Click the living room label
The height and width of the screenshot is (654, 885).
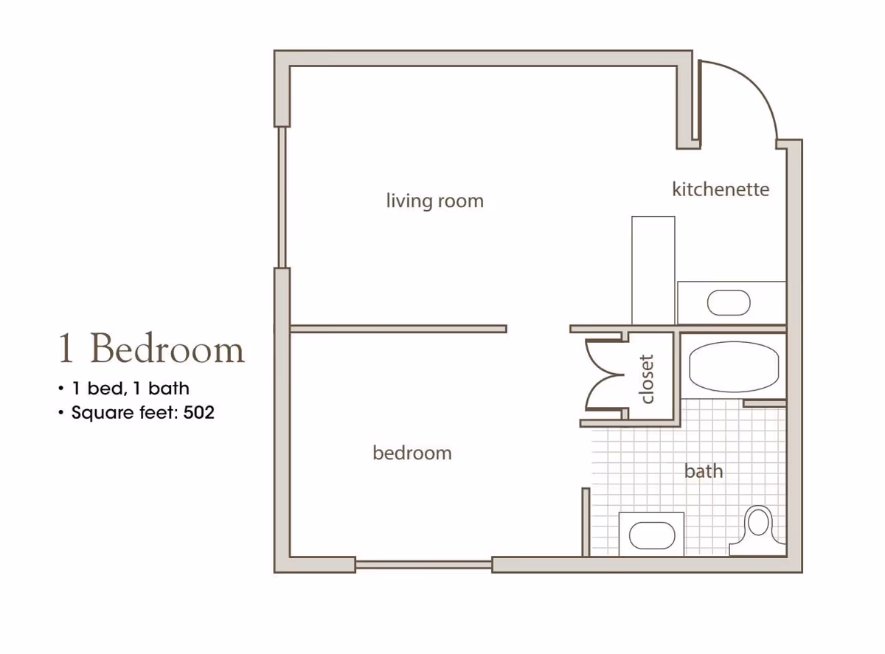point(434,201)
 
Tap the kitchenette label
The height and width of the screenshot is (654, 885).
point(721,189)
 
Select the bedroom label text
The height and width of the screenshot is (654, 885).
point(412,453)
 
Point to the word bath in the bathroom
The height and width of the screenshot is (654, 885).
point(704,471)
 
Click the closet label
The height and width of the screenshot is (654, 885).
point(646,379)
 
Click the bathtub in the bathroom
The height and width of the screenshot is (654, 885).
point(734,366)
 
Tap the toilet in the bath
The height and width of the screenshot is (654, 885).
point(757,531)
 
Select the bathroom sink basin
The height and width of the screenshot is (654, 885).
point(652,535)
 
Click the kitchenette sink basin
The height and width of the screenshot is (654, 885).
point(729,302)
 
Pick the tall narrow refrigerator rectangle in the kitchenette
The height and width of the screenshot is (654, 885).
point(653,270)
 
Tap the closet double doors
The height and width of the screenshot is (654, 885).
point(605,375)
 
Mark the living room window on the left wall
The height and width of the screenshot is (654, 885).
point(282,197)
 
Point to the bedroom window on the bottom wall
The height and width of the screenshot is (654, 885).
point(423,565)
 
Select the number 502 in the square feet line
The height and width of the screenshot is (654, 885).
point(198,412)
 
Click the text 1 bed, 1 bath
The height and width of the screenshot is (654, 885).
point(131,389)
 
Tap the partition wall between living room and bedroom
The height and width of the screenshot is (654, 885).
point(398,329)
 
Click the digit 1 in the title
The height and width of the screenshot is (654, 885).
point(66,348)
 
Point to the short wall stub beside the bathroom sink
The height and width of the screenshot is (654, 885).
point(586,522)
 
